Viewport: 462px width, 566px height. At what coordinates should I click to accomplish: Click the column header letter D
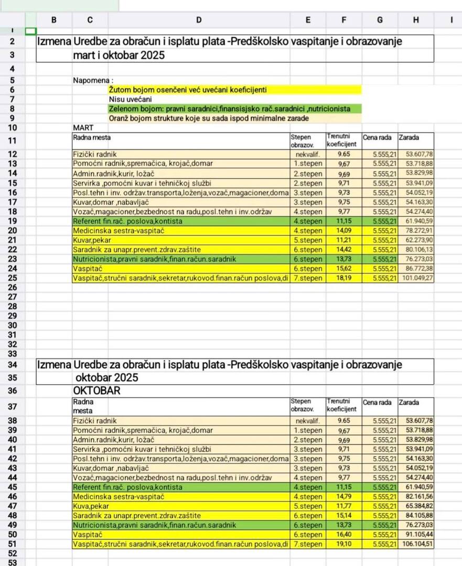click(x=198, y=20)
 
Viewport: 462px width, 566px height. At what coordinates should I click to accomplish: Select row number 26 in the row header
click(x=13, y=287)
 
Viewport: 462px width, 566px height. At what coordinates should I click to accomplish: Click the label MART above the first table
click(x=82, y=127)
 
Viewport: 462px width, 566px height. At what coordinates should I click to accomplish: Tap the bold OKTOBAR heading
click(x=97, y=390)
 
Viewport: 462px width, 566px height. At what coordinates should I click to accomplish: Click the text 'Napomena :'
click(x=93, y=81)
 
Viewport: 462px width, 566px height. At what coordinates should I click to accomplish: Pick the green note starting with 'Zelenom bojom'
click(x=229, y=108)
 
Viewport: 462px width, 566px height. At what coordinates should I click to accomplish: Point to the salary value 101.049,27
click(x=416, y=278)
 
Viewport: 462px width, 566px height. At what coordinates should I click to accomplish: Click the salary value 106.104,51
click(x=416, y=544)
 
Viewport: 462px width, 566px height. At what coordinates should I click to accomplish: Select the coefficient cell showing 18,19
click(x=343, y=278)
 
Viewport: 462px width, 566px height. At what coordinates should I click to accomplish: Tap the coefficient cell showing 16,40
click(x=343, y=535)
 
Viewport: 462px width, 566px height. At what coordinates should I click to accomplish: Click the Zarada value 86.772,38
click(x=416, y=268)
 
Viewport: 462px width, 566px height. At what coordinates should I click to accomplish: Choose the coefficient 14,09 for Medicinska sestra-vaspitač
click(x=343, y=230)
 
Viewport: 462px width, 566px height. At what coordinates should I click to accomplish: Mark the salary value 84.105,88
click(x=416, y=515)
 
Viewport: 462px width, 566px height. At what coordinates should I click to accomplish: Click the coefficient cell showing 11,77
click(x=343, y=506)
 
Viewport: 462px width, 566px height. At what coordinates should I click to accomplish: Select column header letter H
click(x=416, y=20)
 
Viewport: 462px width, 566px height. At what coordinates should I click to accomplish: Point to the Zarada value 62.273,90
click(x=416, y=240)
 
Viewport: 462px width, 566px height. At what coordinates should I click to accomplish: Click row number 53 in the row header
click(x=13, y=562)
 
